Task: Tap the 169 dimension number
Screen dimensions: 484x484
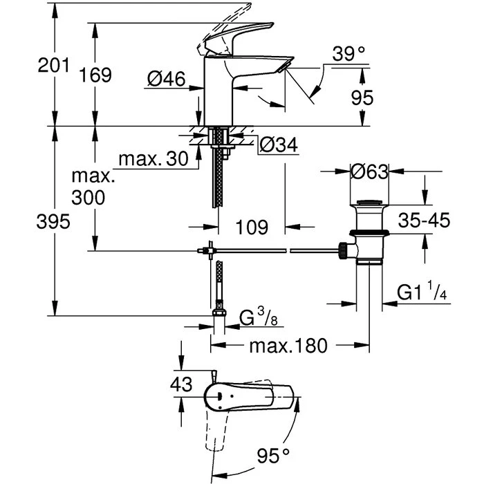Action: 95,75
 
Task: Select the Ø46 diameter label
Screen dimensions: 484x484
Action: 166,80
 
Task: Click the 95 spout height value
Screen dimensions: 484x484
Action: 362,97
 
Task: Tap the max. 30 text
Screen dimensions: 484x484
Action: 153,159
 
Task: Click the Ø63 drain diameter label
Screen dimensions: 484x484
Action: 370,172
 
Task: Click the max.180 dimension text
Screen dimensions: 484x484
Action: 288,345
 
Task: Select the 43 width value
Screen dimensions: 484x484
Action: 181,385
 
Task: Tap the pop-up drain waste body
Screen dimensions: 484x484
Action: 366,232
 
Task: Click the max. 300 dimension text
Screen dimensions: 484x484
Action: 90,187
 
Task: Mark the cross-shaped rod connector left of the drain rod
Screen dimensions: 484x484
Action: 204,250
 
